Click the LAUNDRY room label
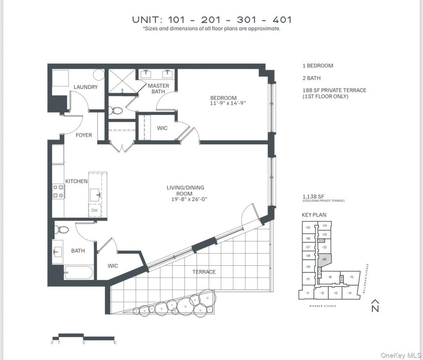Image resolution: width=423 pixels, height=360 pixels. click(86, 87)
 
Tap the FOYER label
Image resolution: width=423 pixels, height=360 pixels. click(83, 135)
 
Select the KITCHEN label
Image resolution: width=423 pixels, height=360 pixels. click(77, 181)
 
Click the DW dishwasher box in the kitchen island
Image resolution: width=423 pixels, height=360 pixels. click(95, 210)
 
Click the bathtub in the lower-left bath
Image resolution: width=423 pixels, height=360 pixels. click(78, 272)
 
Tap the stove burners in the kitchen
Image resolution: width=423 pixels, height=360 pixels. click(58, 191)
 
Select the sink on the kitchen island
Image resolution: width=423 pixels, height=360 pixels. click(95, 195)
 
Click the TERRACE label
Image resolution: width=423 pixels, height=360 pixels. click(204, 272)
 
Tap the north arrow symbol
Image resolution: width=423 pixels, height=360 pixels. click(375, 305)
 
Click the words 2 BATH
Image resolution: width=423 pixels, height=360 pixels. click(311, 78)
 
